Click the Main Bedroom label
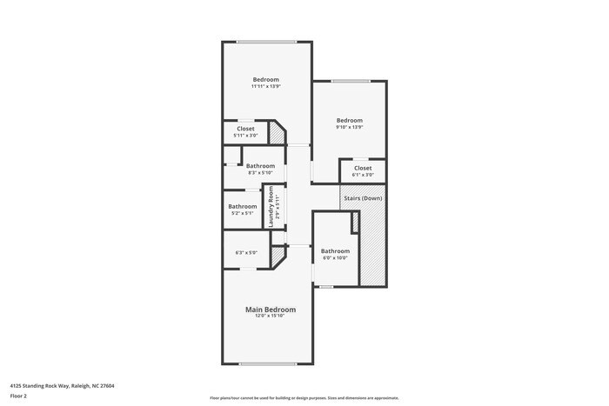point(270,309)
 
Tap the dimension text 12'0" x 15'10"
point(270,316)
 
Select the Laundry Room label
point(271,206)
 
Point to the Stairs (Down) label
point(363,198)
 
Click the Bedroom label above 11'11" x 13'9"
point(266,80)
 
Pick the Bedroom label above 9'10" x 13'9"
point(349,120)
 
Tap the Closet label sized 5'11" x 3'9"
point(244,129)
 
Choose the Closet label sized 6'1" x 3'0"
point(363,168)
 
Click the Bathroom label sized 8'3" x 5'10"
point(260,166)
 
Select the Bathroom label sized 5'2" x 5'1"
point(243,206)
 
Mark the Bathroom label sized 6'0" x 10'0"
point(335,251)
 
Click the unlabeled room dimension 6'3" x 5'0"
point(245,253)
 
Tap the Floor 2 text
point(19,396)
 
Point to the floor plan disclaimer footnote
point(304,397)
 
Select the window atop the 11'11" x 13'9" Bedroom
point(266,42)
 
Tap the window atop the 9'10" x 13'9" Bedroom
point(350,82)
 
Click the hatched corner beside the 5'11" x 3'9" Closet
point(276,133)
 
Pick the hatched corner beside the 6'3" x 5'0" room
point(278,256)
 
